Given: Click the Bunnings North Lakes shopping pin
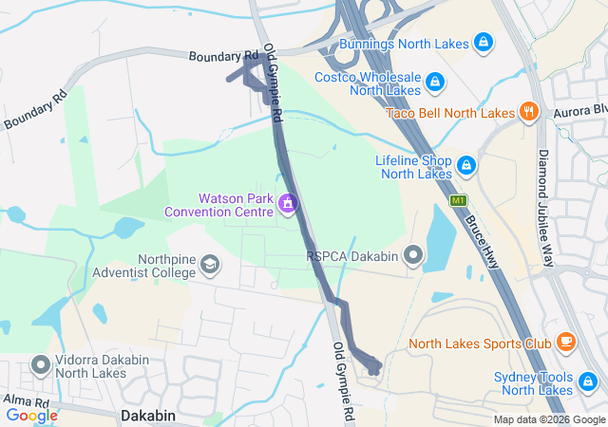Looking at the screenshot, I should tap(484, 43).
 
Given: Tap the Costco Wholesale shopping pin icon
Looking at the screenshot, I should tap(434, 83).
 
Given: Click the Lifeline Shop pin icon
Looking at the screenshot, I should tap(466, 166).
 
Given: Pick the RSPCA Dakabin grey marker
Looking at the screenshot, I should tap(413, 254).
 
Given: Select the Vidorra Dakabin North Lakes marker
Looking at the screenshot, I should tap(41, 364).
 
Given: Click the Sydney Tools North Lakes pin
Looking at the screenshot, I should tap(588, 383).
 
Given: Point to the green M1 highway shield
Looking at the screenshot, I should tap(460, 200).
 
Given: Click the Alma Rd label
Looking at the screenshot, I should tap(20, 400).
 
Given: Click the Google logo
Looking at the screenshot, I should tap(31, 416).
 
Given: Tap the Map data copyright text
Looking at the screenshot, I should tap(548, 420).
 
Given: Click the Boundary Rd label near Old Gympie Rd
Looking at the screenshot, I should tap(223, 56).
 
